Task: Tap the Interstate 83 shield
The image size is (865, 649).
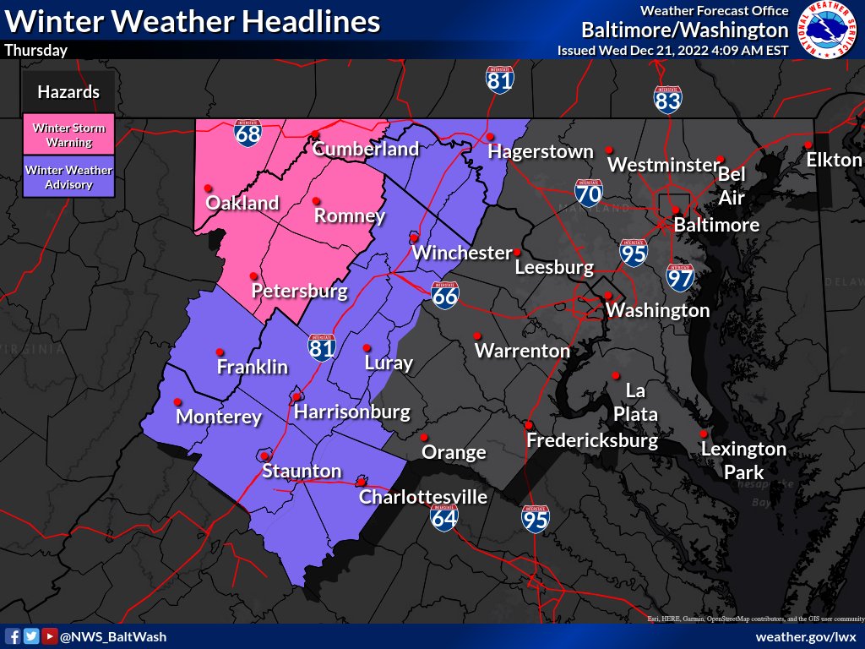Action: (667, 99)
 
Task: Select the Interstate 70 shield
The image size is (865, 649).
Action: (589, 194)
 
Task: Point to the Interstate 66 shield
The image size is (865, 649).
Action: (445, 295)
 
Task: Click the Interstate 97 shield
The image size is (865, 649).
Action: (680, 276)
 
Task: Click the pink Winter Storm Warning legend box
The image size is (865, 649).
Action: (68, 135)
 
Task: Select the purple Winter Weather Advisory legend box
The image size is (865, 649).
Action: (68, 177)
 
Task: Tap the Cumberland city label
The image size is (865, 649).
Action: (366, 150)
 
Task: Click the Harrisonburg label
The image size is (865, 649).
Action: (351, 412)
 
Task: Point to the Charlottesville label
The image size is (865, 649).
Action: (423, 497)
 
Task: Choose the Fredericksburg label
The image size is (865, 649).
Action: (591, 441)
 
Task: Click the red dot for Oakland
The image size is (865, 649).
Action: (208, 188)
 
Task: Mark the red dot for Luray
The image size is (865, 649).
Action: (367, 348)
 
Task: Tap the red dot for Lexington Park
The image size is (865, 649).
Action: (703, 434)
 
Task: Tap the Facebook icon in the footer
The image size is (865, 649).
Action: (14, 636)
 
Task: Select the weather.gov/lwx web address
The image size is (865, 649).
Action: (806, 636)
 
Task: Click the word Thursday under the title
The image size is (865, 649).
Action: (35, 51)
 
